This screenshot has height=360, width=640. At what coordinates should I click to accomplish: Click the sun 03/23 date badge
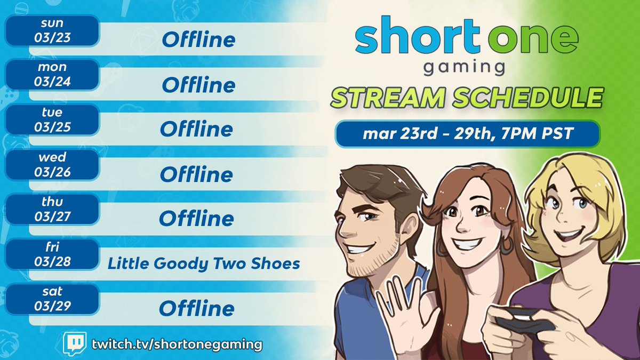click(52, 31)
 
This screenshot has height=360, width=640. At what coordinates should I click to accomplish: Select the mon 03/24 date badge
click(52, 75)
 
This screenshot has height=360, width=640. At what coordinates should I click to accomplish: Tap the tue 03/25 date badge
click(52, 120)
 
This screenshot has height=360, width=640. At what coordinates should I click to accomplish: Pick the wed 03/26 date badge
click(52, 165)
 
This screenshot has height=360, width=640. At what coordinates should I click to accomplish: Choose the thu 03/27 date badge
click(52, 210)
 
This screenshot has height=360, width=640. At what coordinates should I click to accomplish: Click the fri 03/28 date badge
click(52, 254)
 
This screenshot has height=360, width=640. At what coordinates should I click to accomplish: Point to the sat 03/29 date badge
click(52, 299)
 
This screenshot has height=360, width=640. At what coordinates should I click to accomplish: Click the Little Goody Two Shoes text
click(204, 263)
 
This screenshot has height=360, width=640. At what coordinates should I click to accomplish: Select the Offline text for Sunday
click(198, 39)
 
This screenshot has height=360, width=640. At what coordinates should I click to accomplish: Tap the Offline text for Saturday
click(196, 308)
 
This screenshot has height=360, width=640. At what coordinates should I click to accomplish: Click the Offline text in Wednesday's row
click(196, 174)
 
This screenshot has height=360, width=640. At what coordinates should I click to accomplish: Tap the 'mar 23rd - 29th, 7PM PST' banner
click(467, 134)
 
